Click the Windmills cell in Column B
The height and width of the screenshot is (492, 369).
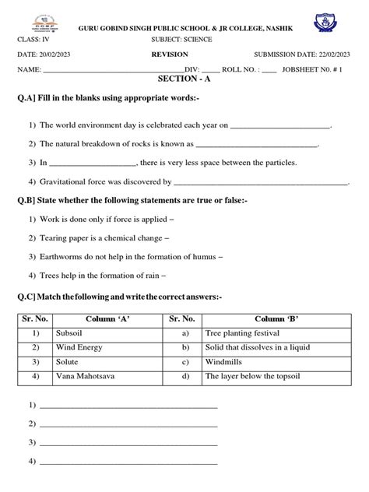(224, 362)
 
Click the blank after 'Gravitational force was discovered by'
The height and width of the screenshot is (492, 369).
(260, 182)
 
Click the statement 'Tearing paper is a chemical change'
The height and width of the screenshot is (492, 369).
(101, 237)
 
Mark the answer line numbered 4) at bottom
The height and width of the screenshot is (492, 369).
(128, 461)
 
